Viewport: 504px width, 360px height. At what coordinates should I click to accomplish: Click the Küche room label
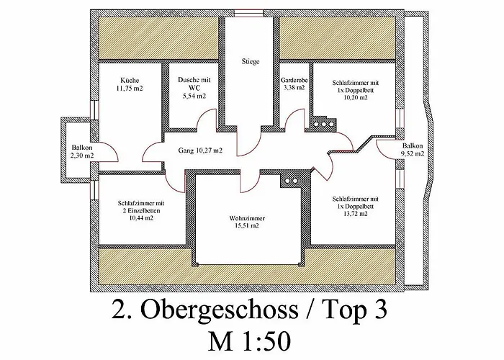(130, 80)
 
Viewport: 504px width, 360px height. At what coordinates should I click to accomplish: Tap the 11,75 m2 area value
(130, 88)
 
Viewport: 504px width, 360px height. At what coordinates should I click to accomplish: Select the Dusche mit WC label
(194, 84)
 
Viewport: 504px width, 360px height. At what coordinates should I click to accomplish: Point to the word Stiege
(251, 61)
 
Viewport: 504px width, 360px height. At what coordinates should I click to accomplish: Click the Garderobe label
(294, 80)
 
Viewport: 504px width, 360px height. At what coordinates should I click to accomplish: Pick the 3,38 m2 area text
(294, 87)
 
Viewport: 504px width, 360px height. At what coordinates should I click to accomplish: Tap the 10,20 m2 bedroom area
(356, 98)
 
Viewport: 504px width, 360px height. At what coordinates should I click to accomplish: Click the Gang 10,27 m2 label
(200, 150)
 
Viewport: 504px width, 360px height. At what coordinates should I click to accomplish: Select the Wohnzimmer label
(247, 218)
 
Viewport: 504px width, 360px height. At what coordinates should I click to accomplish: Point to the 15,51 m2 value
(247, 225)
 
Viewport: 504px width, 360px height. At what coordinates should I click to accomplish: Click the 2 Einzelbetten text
(141, 211)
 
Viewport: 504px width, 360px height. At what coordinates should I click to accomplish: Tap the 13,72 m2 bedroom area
(355, 214)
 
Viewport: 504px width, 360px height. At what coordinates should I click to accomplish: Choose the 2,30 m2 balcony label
(82, 156)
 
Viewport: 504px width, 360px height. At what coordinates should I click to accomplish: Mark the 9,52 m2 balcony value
(413, 153)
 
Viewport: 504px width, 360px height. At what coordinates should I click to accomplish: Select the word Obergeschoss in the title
(220, 310)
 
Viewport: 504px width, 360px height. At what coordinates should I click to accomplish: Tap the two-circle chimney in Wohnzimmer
(291, 181)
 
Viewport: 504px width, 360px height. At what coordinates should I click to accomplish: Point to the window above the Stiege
(248, 13)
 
